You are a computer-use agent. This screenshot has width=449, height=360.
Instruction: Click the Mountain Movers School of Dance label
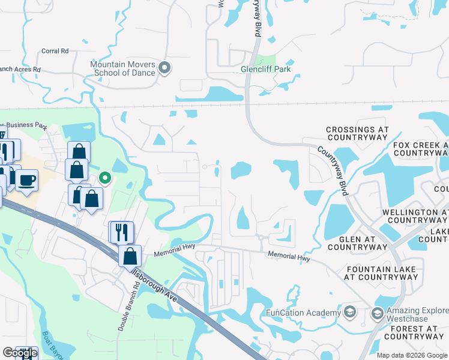pos(122,68)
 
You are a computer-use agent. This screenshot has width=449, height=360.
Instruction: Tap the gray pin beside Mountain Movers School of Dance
pos(166,68)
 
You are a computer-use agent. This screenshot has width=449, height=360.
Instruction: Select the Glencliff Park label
pos(261,69)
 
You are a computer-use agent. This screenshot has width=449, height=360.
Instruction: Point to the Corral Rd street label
pos(55,52)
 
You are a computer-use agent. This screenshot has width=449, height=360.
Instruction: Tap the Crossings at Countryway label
pos(357,134)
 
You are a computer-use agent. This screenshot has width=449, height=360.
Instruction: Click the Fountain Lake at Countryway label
pos(381,273)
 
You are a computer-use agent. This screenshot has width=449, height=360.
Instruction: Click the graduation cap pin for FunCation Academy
pos(351,313)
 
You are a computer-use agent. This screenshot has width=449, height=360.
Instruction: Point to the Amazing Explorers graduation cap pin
pos(377,314)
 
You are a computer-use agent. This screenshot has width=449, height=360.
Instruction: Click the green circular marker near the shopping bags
pos(104,178)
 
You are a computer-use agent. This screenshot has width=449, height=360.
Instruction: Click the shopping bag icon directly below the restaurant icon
pos(130,256)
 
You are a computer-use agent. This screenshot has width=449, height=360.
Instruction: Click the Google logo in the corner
pos(20,353)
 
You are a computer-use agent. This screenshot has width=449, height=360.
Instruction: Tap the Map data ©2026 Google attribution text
pos(411,355)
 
